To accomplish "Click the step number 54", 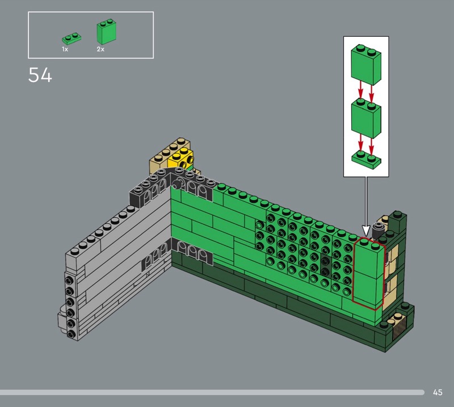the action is click(x=40, y=75).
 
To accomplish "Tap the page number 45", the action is click(x=438, y=392).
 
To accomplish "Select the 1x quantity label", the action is click(x=65, y=49).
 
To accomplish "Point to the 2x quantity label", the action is click(x=100, y=49).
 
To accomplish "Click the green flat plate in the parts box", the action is click(x=72, y=38).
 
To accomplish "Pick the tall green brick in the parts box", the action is click(x=106, y=31).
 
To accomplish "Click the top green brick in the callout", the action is click(x=366, y=65).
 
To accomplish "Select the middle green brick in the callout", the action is click(x=366, y=118).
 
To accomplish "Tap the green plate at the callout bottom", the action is click(x=366, y=160).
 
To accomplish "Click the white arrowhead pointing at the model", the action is click(x=366, y=231).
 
